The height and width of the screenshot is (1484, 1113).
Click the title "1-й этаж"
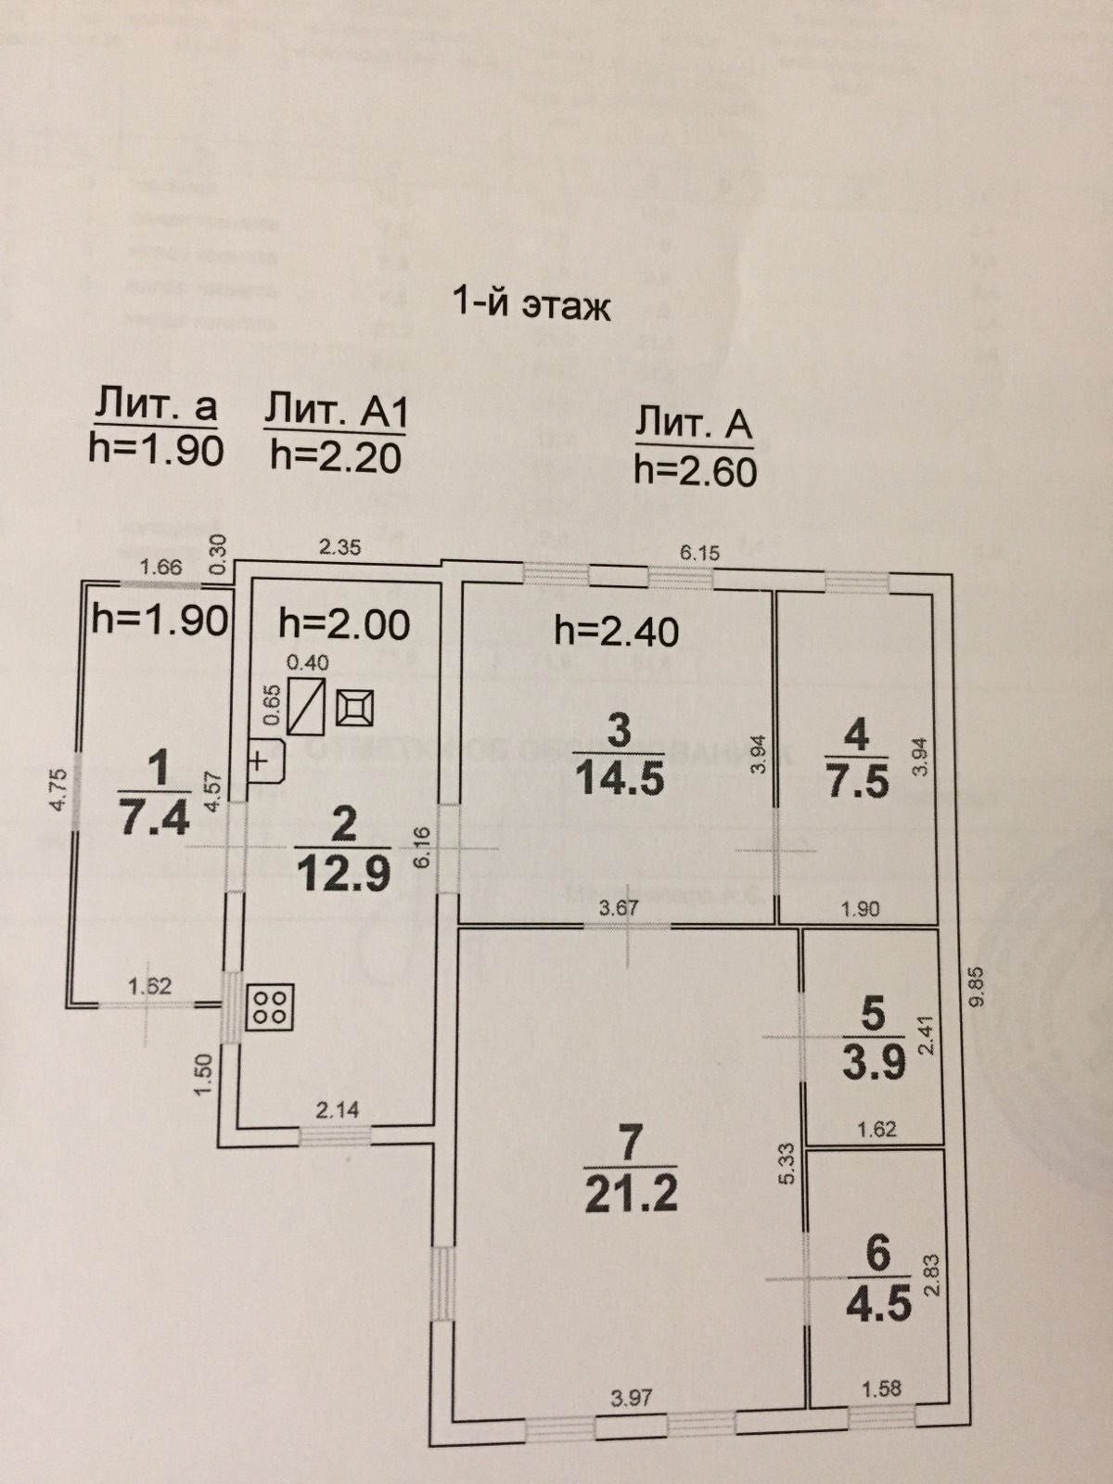(x=531, y=303)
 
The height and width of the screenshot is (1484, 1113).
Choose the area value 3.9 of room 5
(x=873, y=1062)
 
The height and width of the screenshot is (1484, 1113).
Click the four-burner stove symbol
(x=270, y=1007)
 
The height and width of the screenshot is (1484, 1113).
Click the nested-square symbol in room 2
(x=356, y=710)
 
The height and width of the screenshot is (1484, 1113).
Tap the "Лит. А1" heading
(x=336, y=412)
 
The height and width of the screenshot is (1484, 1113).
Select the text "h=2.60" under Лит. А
(x=695, y=471)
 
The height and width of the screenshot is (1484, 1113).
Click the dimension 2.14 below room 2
(x=335, y=1108)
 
